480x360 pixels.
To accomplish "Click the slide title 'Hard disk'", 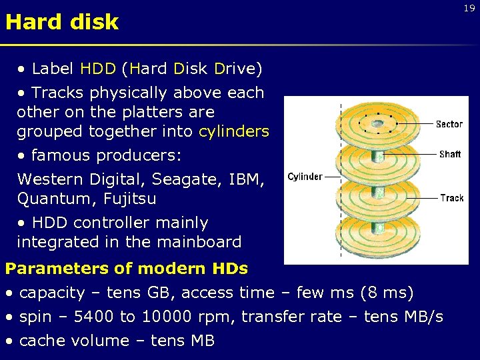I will [x=61, y=22].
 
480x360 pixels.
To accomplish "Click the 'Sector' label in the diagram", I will [x=449, y=124].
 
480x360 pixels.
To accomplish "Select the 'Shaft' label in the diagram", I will [x=450, y=154].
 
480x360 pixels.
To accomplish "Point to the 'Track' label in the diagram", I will [x=451, y=198].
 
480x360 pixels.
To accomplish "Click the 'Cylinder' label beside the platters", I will [x=305, y=177].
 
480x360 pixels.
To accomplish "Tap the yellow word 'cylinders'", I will [x=233, y=131].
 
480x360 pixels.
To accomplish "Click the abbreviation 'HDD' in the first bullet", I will [x=98, y=69].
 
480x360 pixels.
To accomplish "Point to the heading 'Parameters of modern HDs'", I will [x=127, y=269].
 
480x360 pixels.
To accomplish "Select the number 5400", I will [x=93, y=317].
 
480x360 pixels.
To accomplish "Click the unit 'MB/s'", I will [x=423, y=317].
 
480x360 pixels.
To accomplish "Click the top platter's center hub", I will [x=377, y=124].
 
